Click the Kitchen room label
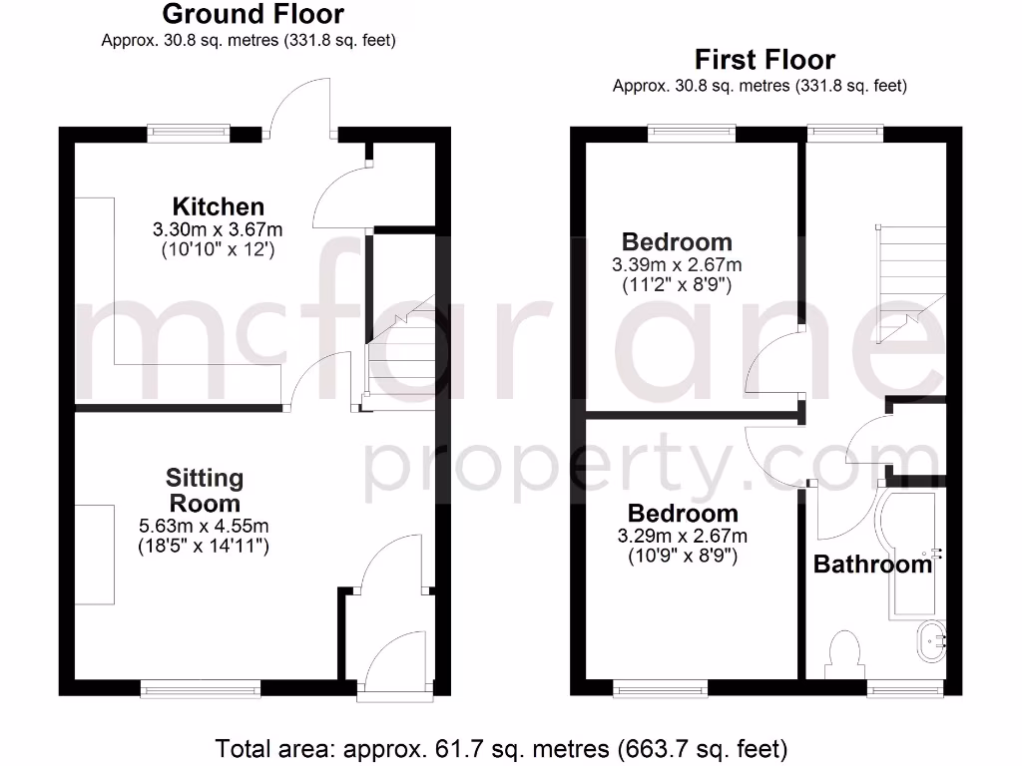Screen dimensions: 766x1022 [x=219, y=207]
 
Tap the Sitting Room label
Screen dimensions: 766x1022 [x=205, y=490]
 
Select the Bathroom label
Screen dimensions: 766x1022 [x=872, y=565]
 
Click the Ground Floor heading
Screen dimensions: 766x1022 [x=253, y=15]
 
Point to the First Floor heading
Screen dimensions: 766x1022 [x=765, y=60]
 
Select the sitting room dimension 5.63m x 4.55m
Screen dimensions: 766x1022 [x=205, y=526]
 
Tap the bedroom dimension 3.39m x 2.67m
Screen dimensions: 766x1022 [x=677, y=265]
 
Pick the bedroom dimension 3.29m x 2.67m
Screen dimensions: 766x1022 [x=683, y=537]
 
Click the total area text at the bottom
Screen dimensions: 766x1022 [x=502, y=747]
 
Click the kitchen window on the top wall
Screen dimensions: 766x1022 [x=190, y=130]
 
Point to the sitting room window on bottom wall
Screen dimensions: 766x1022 [x=201, y=687]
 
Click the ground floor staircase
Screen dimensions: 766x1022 [x=401, y=349]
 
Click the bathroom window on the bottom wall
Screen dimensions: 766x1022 [x=904, y=687]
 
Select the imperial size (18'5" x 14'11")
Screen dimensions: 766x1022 [x=205, y=547]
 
